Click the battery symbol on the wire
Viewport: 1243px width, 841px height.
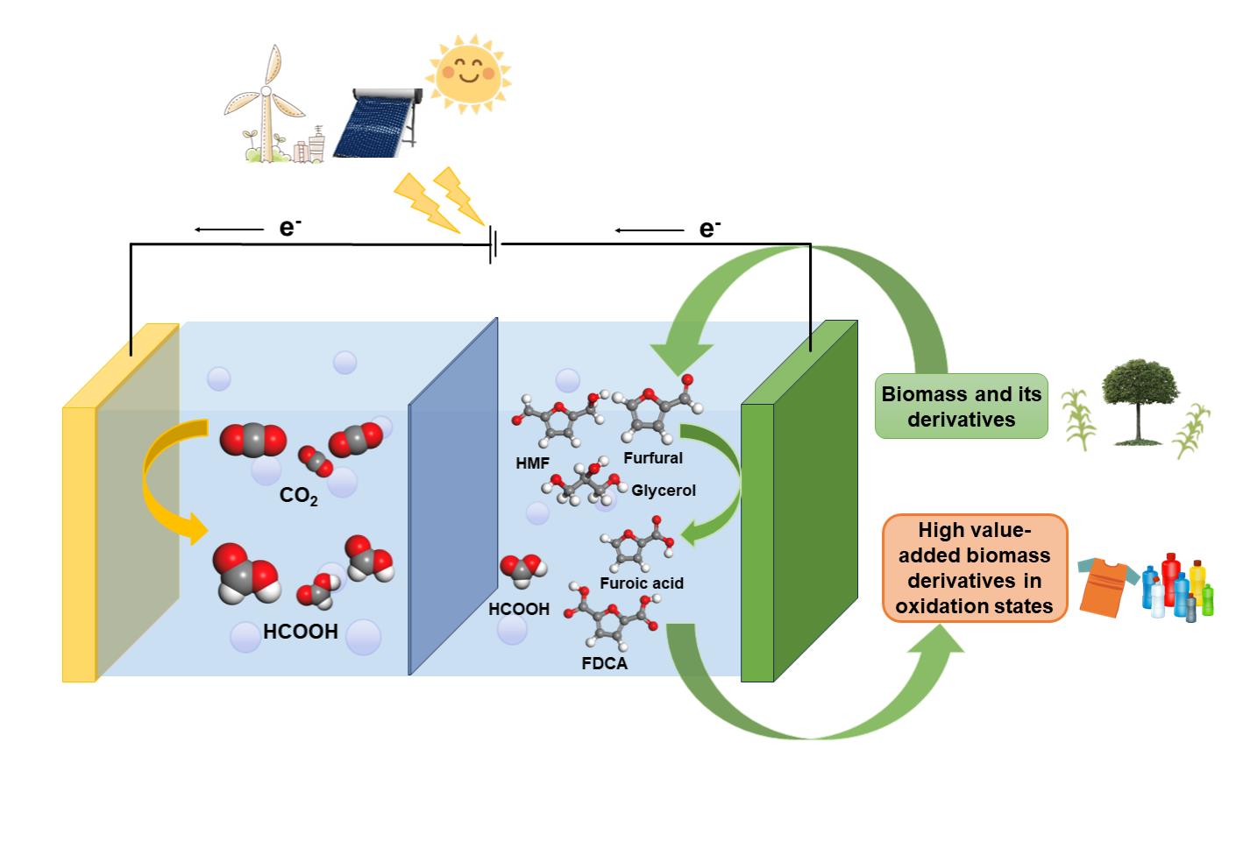493,244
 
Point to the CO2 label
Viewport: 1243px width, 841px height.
299,496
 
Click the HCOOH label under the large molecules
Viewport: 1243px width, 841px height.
301,632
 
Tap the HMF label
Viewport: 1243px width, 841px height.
533,463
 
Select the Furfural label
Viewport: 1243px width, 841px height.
653,457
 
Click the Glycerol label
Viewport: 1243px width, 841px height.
664,491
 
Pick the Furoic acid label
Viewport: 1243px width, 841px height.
642,583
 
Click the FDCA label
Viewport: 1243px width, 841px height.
605,663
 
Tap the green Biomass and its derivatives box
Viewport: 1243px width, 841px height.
962,406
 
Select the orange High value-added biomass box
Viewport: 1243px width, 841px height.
974,568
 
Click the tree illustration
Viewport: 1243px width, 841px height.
1139,399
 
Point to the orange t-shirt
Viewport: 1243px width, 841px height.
1107,586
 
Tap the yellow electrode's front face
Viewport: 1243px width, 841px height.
78,543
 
